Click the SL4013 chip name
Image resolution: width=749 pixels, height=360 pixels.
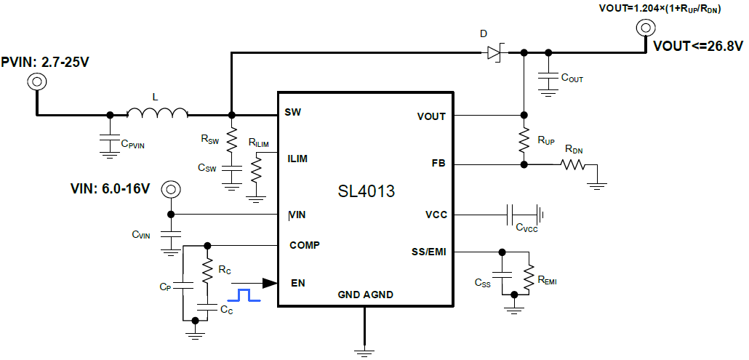[x=367, y=192]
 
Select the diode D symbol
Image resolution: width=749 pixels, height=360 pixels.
[x=497, y=52]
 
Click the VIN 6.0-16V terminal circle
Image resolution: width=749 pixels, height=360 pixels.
[x=170, y=189]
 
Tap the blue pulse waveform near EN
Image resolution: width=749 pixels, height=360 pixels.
[x=243, y=295]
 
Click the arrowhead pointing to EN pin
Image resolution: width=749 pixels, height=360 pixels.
[x=269, y=282]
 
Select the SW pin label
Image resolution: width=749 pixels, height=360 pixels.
[x=294, y=113]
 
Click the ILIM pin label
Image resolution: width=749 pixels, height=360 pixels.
[x=297, y=158]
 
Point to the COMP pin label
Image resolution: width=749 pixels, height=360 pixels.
[x=304, y=245]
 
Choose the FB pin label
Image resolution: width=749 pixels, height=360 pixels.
[x=438, y=164]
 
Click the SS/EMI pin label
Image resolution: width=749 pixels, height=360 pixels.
[x=428, y=252]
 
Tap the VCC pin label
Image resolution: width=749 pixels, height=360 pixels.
[x=436, y=215]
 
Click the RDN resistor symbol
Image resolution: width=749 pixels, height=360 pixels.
[x=572, y=165]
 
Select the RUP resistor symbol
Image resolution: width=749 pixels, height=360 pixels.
[x=523, y=139]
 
